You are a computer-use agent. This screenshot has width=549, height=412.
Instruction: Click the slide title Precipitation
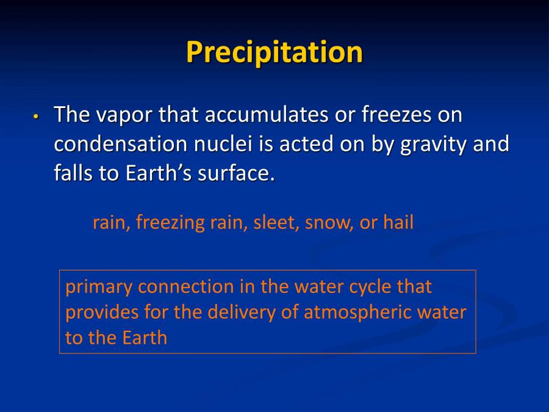click(274, 52)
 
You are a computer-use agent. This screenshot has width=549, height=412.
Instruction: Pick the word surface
click(236, 173)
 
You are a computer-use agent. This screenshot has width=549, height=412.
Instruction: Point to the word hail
click(398, 222)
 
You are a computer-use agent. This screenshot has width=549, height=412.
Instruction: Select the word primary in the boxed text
click(98, 287)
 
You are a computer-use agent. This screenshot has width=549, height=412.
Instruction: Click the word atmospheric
click(357, 313)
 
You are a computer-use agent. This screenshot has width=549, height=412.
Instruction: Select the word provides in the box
click(102, 313)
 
